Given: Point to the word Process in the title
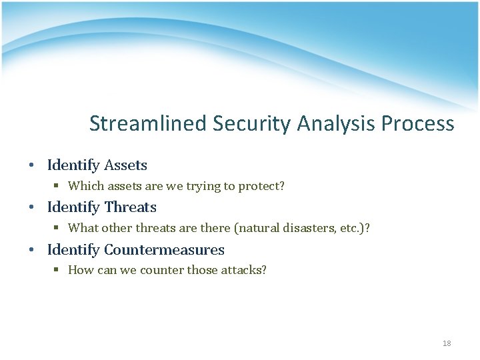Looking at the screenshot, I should click(419, 124).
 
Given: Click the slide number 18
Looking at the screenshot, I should click(447, 343).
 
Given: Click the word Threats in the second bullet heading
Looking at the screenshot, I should click(130, 207).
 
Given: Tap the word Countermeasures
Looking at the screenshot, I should click(164, 250).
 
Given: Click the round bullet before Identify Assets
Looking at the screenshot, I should click(31, 165).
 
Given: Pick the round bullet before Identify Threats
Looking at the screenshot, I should click(31, 208).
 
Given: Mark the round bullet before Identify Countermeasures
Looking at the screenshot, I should click(31, 251).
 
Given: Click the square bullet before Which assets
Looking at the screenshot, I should click(57, 186).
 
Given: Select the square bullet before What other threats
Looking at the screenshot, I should click(57, 229).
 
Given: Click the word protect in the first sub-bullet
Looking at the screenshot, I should click(262, 186).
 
